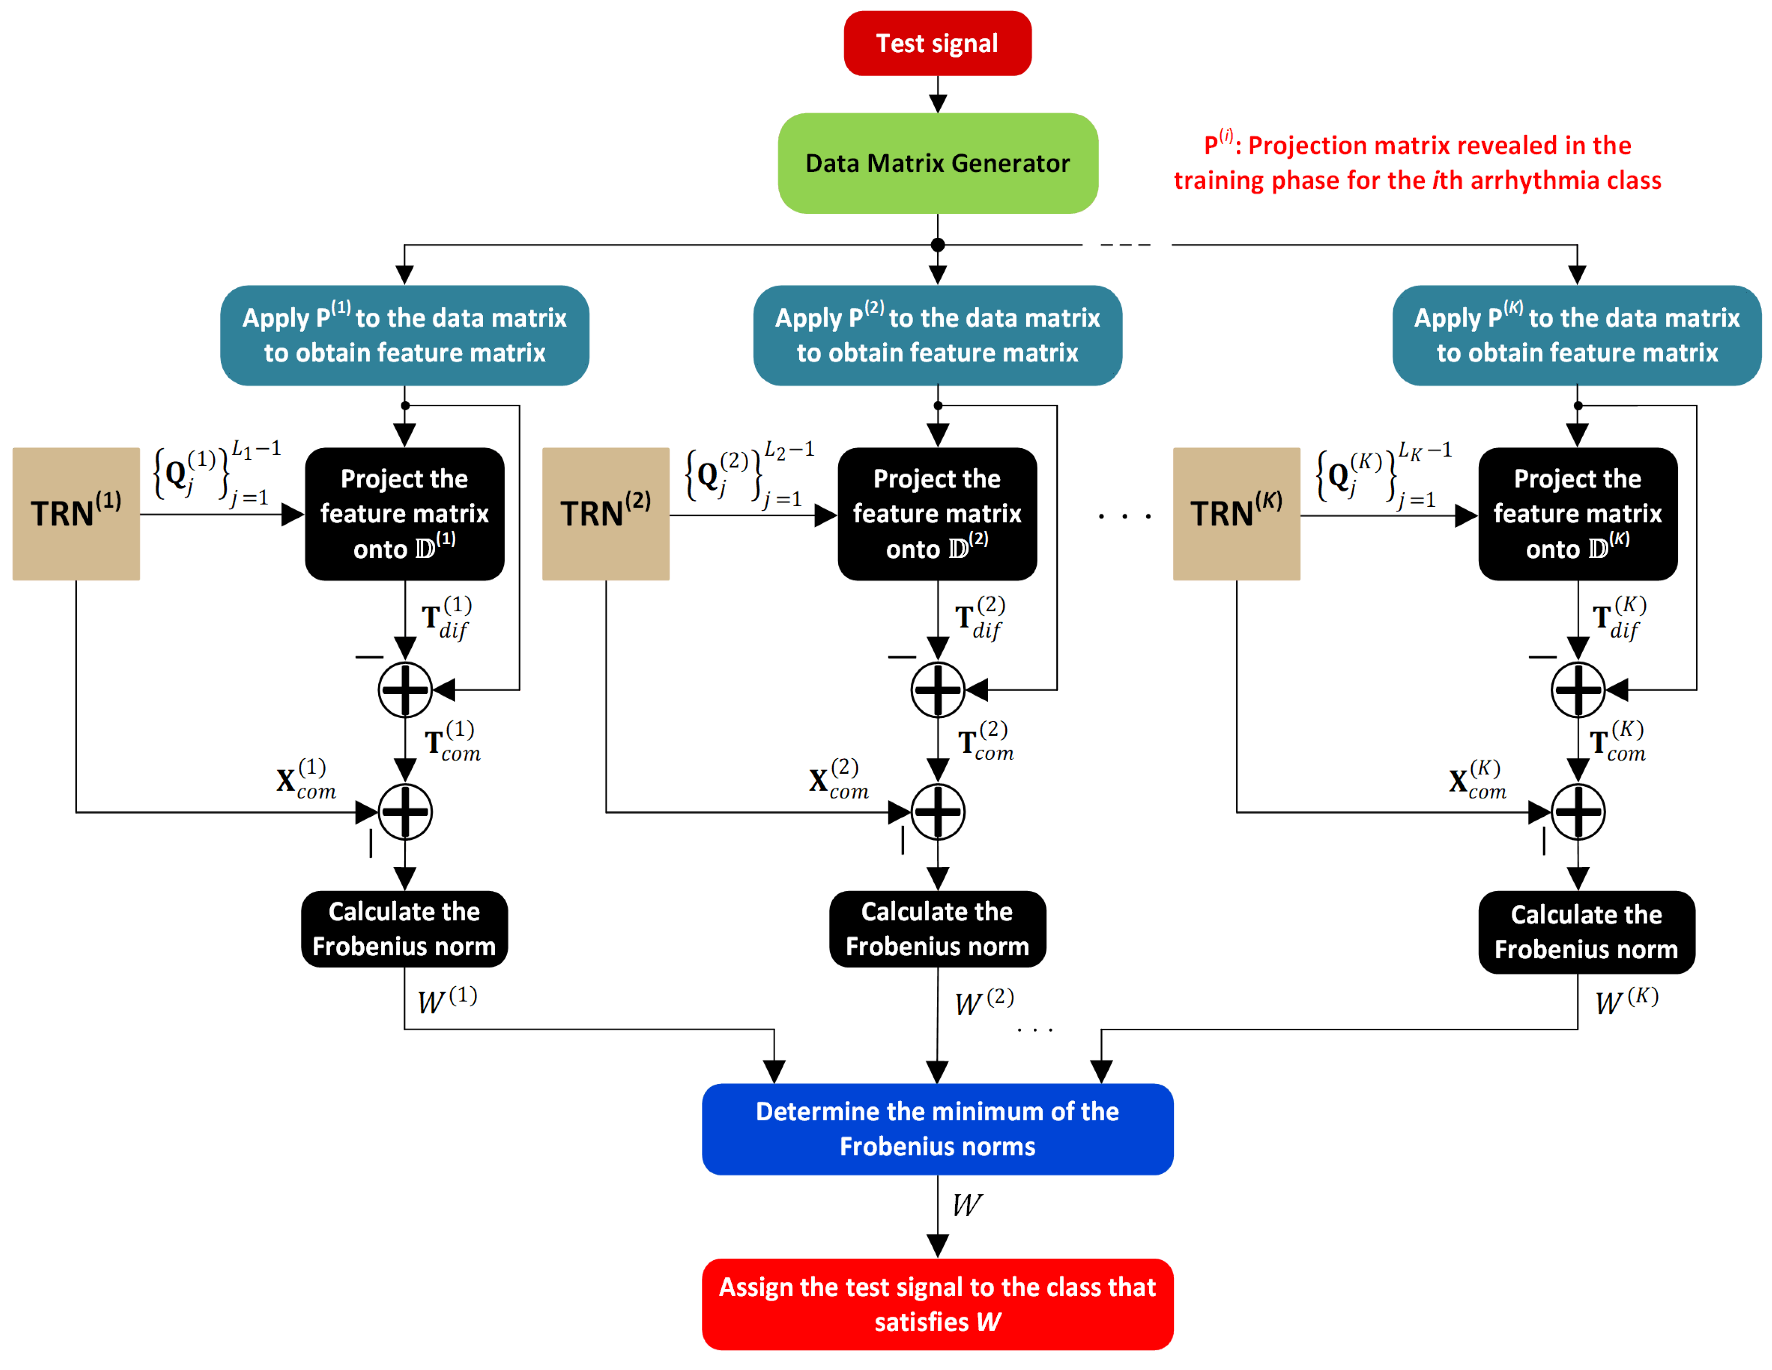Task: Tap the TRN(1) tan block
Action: tap(76, 514)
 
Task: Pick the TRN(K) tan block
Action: tap(1236, 514)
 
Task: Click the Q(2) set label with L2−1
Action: tap(748, 475)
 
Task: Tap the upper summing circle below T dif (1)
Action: tap(405, 690)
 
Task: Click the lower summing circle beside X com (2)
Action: tap(938, 812)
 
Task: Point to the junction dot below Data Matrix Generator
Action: tap(938, 245)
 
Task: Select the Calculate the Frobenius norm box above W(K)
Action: tap(1586, 932)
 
